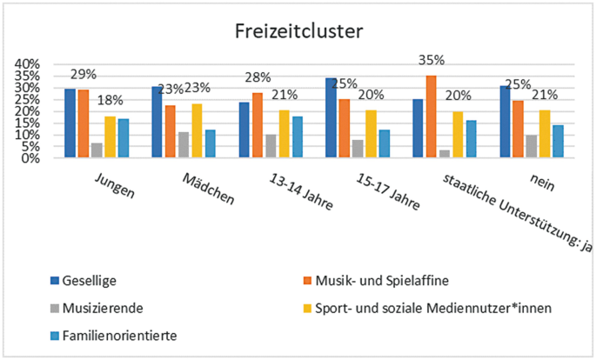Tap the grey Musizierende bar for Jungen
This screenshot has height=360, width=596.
click(x=97, y=150)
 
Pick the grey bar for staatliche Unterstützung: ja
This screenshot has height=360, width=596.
click(x=445, y=154)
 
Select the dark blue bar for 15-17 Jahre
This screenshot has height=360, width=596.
click(x=331, y=118)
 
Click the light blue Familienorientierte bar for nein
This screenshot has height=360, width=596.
click(x=559, y=141)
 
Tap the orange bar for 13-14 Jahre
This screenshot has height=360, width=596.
click(x=257, y=125)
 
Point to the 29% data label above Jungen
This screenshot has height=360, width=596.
click(x=83, y=75)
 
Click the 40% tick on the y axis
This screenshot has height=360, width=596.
click(x=27, y=64)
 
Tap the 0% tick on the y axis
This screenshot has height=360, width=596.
click(x=30, y=158)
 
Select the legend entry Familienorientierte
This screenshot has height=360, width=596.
click(x=118, y=333)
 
